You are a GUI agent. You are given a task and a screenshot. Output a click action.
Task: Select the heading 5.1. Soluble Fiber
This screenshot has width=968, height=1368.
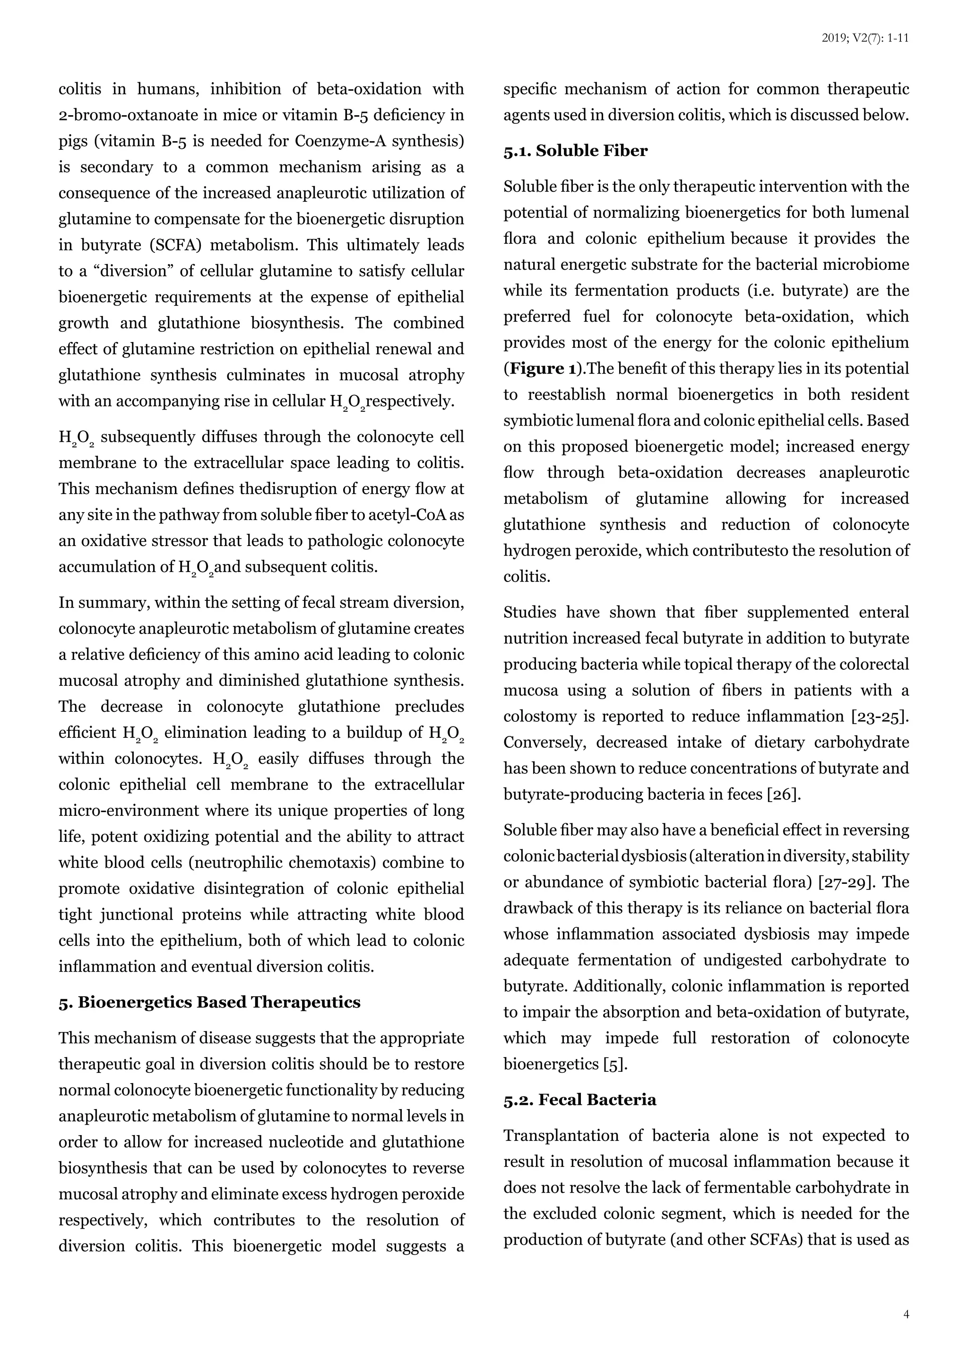pos(575,151)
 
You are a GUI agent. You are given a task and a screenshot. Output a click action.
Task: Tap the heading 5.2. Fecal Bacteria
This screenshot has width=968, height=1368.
pos(579,1100)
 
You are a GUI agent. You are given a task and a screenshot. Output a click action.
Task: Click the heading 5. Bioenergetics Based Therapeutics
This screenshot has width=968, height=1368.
pos(209,1002)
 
